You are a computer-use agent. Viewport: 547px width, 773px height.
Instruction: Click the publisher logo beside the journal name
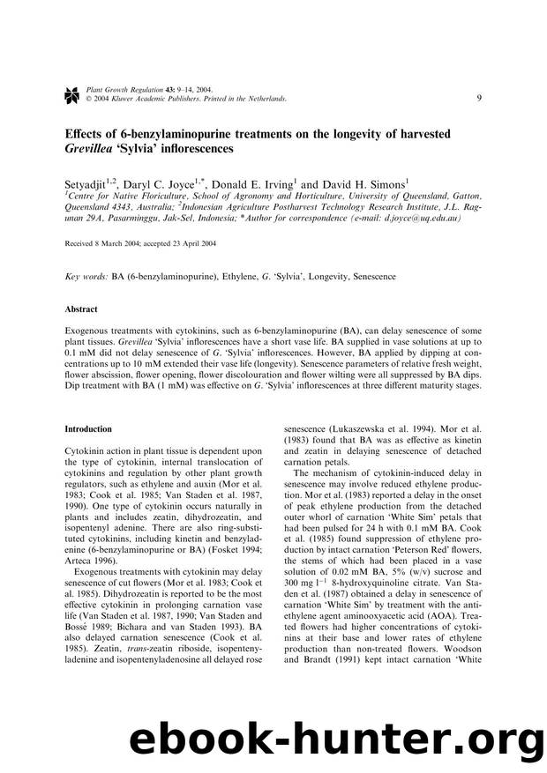pos(71,93)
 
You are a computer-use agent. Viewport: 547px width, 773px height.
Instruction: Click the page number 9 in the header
pos(478,98)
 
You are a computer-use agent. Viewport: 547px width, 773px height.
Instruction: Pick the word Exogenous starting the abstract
pos(87,328)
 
